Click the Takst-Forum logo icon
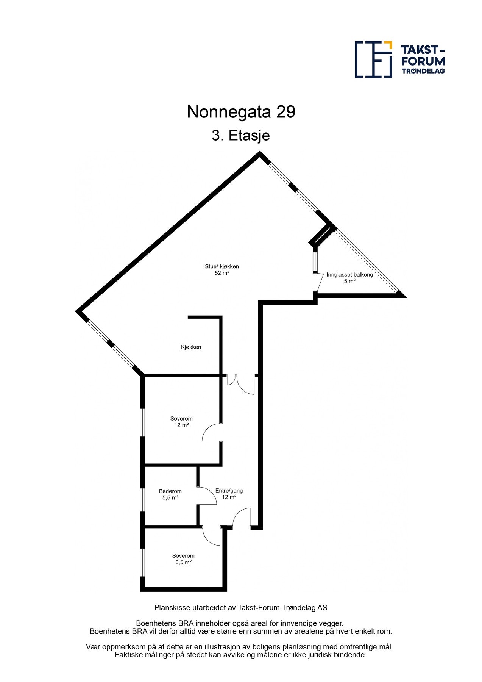point(373,59)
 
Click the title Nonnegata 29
point(241,112)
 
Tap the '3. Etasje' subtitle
point(241,135)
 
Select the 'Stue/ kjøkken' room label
point(222,266)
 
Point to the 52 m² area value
point(222,273)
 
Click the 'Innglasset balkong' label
point(350,275)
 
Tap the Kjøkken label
point(191,347)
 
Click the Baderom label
point(170,491)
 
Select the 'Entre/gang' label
point(229,491)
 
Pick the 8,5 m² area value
point(183,562)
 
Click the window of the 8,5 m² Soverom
point(142,563)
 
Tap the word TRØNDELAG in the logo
point(423,71)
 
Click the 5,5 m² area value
point(170,497)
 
